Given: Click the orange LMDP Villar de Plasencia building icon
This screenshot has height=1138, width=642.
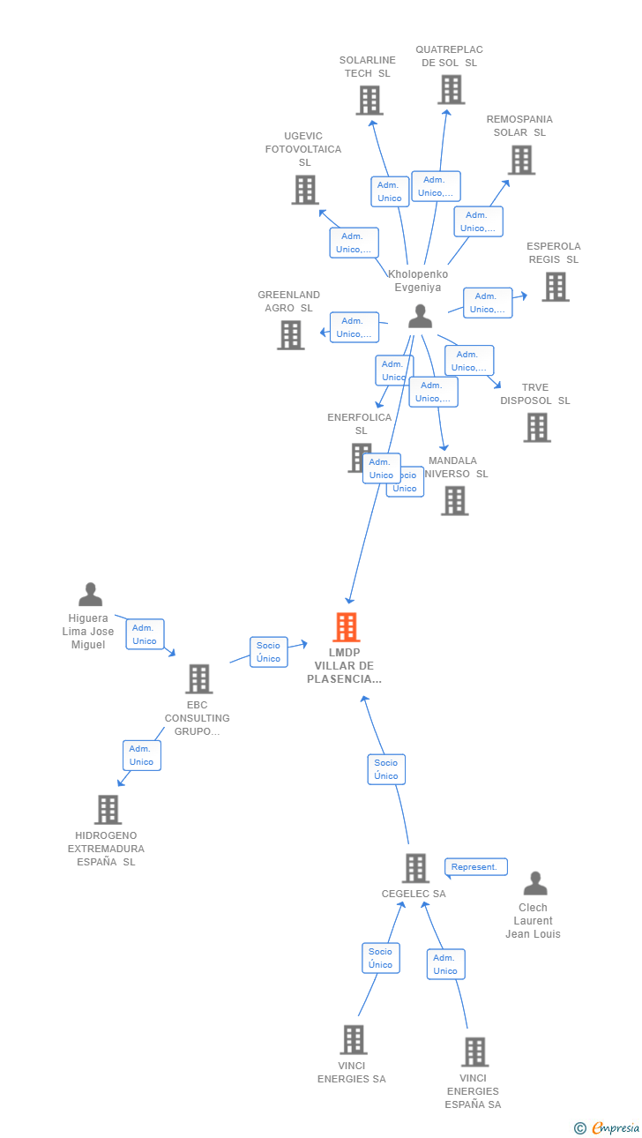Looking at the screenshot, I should point(347,627).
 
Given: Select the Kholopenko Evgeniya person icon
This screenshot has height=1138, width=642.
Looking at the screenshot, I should point(421,316).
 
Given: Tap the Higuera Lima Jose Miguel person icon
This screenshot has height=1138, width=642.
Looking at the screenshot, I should point(90,595).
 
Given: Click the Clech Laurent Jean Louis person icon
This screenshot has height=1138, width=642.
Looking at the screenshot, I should point(534,883).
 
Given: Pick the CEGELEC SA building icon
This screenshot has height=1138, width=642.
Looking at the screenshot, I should point(415,868).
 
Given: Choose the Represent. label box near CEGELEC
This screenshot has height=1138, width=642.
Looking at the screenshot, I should point(475,867).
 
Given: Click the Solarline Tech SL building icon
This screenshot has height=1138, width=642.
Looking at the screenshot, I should point(370,101).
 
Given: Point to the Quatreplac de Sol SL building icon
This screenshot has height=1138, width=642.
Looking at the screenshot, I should point(451,90).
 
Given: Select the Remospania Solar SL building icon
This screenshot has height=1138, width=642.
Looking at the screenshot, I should point(521,160).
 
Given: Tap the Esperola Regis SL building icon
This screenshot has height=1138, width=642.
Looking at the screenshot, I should point(555,287).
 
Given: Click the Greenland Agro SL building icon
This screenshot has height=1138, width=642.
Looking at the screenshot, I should point(291,335).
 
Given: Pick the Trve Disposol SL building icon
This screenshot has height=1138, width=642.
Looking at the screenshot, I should point(537,427).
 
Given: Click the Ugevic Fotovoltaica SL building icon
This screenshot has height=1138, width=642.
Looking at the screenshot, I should point(305,190).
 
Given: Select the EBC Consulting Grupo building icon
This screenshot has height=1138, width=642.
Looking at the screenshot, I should point(199,678).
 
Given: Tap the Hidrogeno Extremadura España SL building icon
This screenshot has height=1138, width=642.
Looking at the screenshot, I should point(108,809).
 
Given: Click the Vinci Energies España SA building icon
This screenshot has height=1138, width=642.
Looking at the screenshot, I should point(474,1052).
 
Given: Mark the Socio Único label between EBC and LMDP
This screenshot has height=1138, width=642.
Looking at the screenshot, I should point(268,652).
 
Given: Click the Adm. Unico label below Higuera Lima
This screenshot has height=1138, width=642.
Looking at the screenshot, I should point(145,634).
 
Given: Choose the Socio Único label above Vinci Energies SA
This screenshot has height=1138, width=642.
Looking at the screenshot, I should point(380,958).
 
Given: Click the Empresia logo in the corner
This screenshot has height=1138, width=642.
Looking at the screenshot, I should point(608,1127).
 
